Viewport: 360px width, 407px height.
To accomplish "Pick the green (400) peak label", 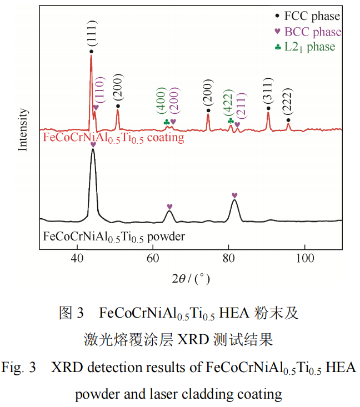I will [161, 101].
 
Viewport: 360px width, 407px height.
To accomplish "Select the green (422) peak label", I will [228, 102].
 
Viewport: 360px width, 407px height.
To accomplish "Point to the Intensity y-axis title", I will [23, 129].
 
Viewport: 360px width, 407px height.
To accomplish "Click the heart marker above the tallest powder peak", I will [93, 144].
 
